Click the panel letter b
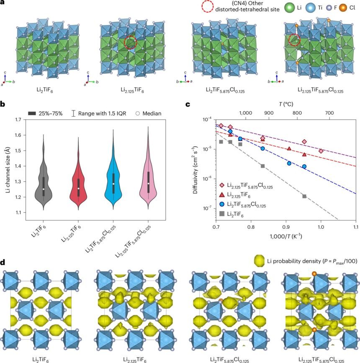pos(3,102)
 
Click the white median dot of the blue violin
pos(113,184)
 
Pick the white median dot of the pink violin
pos(148,183)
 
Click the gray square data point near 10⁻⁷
pos(304,196)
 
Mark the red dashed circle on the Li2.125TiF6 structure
pos(131,42)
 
